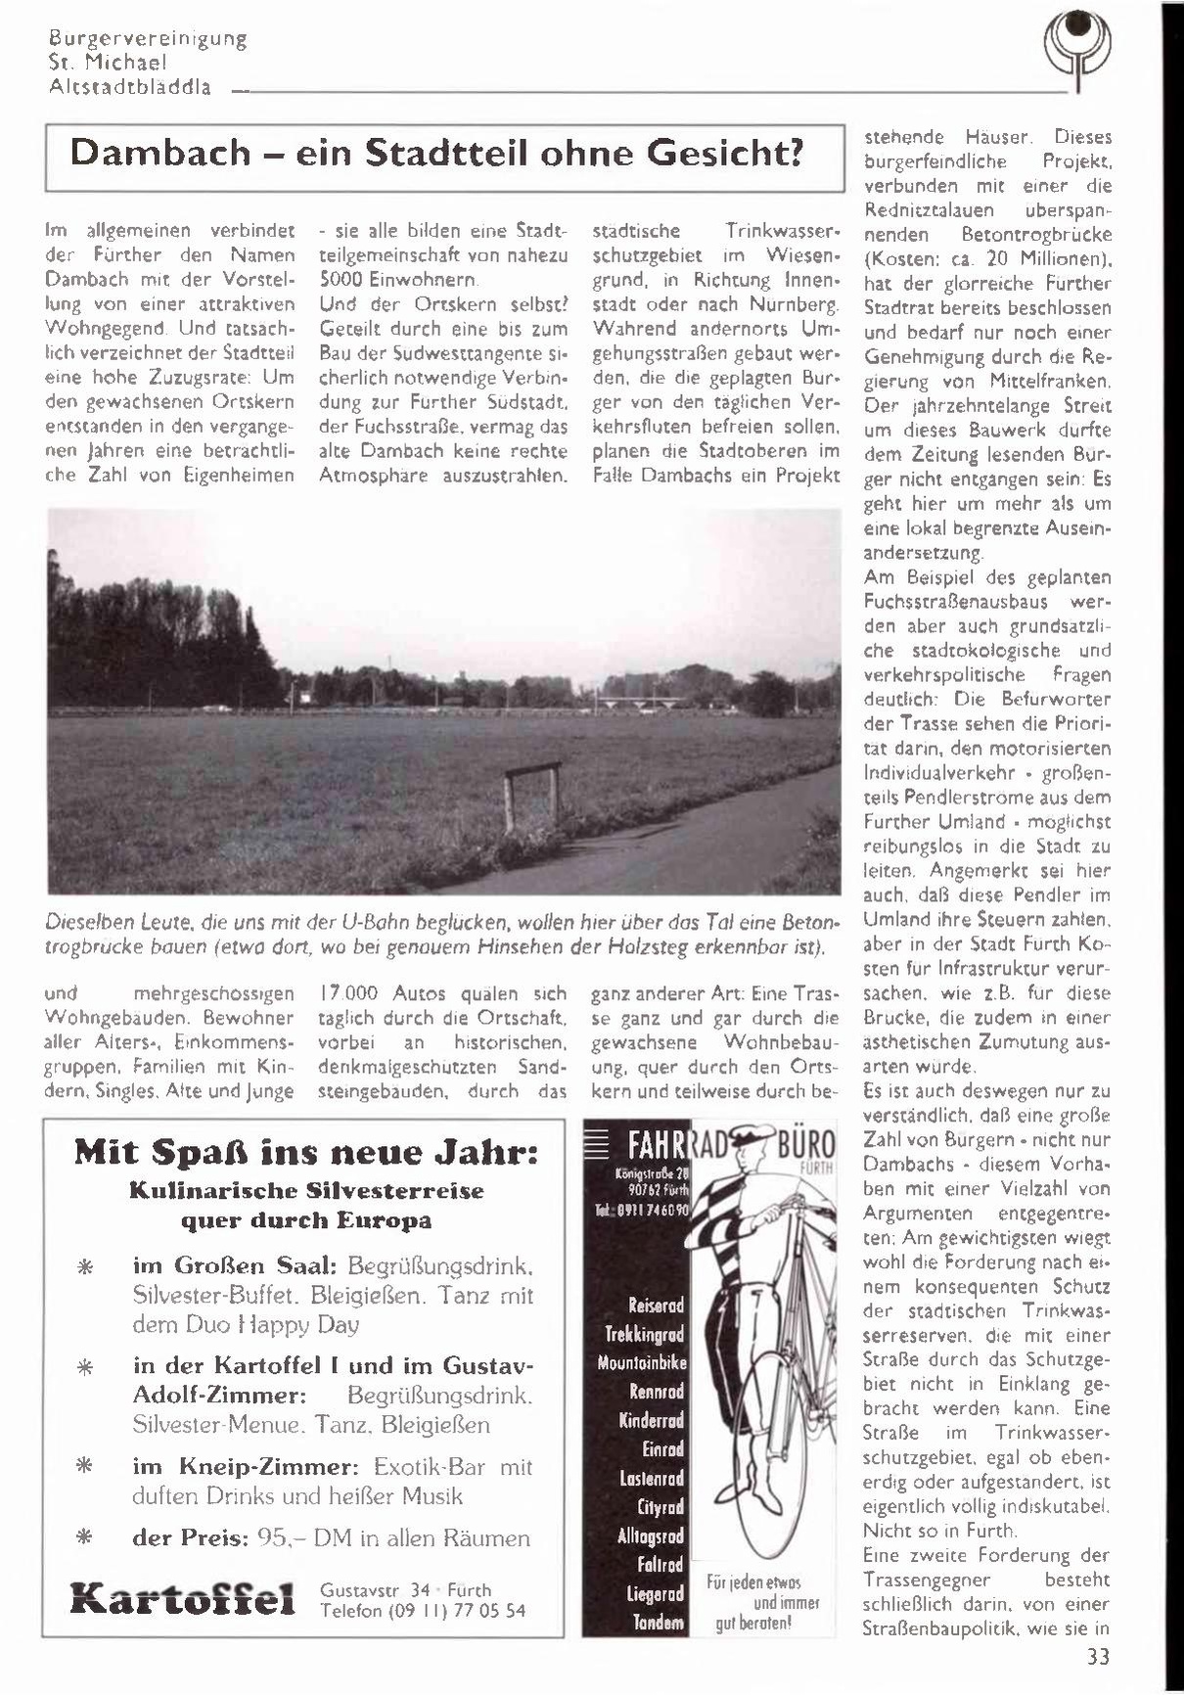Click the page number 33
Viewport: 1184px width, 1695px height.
[1098, 1657]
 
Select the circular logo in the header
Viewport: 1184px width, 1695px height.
[1077, 47]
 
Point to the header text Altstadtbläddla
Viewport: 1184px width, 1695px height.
[130, 86]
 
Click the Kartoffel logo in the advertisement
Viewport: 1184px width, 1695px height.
[182, 1601]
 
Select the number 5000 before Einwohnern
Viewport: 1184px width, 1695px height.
[342, 280]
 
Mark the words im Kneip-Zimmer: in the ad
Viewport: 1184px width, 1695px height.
[247, 1466]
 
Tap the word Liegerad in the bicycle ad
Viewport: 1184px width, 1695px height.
[655, 1593]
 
